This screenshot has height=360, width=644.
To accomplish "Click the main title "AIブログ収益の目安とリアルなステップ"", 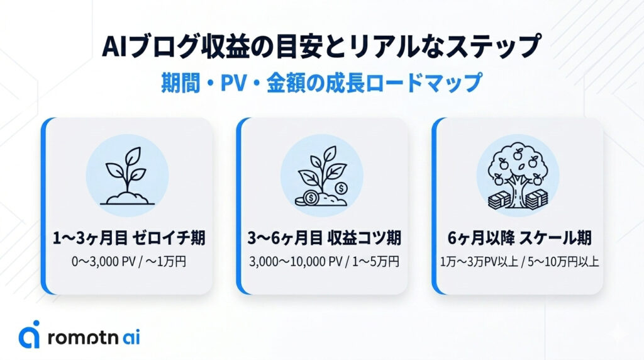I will [321, 48].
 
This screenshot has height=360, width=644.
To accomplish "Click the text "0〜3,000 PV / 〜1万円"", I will [129, 261].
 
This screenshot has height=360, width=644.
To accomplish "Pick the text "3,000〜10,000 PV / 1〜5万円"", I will [324, 261].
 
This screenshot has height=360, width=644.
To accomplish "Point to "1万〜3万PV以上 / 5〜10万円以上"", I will [519, 261].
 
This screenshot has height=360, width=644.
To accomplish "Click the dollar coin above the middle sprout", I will [341, 188].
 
